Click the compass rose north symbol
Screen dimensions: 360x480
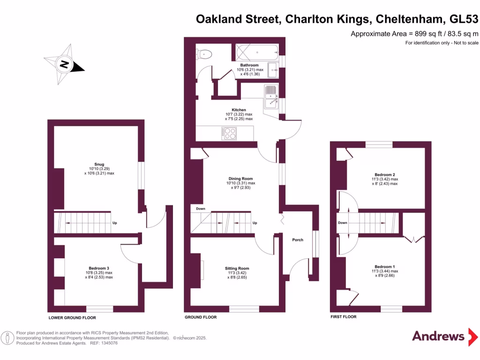tap(64, 64)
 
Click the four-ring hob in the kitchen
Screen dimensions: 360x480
tap(230, 134)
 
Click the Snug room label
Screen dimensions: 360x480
tap(99, 164)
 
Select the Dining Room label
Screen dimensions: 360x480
tap(241, 179)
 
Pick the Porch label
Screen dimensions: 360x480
tap(298, 240)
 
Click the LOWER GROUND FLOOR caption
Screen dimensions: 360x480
tap(72, 317)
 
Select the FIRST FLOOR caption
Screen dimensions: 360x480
tap(344, 317)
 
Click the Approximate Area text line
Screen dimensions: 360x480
tap(414, 34)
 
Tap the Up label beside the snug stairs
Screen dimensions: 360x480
tap(114, 223)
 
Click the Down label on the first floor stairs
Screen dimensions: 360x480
tap(342, 223)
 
